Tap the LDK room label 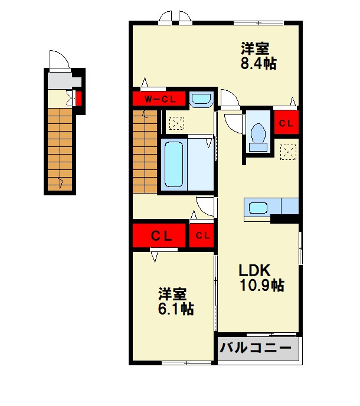[254, 270]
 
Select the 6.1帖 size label [175, 309]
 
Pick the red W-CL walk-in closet [159, 99]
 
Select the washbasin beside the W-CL [202, 100]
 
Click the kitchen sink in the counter [258, 208]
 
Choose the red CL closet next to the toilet [286, 123]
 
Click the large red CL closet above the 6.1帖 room [161, 236]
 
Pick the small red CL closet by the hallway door [202, 236]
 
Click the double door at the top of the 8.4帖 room [176, 17]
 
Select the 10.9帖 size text [261, 286]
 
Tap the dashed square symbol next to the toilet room [287, 151]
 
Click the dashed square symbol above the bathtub [176, 123]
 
